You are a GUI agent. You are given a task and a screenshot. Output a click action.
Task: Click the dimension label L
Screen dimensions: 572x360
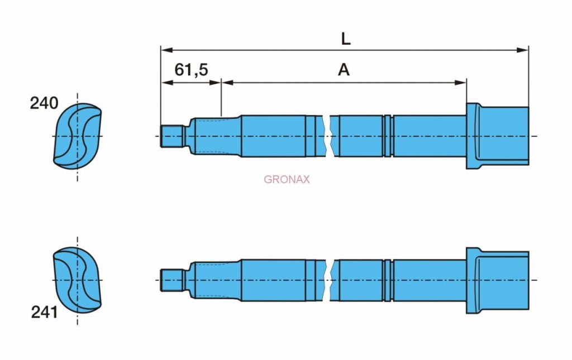[x=345, y=39]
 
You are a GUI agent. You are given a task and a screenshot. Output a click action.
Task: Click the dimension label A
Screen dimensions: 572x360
[x=344, y=70]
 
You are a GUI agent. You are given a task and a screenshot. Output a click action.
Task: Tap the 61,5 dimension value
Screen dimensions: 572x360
[x=191, y=70]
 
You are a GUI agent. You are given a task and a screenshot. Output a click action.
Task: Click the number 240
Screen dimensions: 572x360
[x=44, y=103]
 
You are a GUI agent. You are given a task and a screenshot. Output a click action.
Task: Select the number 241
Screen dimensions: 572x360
[x=44, y=312]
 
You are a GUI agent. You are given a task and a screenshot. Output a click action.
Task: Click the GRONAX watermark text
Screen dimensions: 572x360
[x=287, y=179]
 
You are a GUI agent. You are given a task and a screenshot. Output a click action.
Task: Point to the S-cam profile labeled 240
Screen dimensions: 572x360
[x=77, y=136]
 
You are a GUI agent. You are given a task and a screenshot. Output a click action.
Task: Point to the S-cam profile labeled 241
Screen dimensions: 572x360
[x=77, y=280]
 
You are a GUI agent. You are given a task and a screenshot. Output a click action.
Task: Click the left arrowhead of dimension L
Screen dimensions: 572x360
[x=166, y=50]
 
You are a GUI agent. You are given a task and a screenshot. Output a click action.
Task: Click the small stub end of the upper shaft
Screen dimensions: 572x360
[x=172, y=136]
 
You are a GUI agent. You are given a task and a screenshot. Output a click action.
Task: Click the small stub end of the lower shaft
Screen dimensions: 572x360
[x=172, y=280]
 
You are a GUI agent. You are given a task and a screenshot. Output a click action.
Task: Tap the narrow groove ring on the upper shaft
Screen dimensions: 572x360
[x=388, y=136]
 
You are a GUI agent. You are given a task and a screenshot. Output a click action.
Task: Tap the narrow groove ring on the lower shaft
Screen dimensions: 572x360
[x=388, y=280]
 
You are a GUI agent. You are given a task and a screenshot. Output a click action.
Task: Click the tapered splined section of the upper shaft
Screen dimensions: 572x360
[x=215, y=136]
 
